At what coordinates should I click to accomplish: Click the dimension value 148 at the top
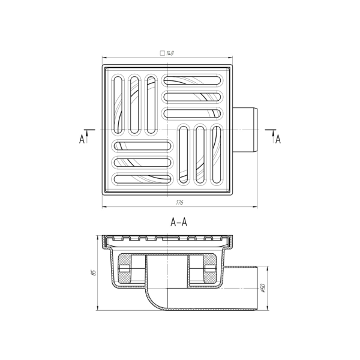click(x=170, y=53)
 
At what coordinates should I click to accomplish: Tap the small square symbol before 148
click(x=163, y=53)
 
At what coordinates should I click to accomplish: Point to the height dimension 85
click(x=94, y=272)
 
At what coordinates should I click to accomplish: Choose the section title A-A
click(x=179, y=222)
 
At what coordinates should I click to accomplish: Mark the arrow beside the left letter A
click(x=88, y=134)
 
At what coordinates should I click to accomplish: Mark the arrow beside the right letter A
click(x=271, y=134)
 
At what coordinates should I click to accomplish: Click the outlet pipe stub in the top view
click(x=246, y=130)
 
